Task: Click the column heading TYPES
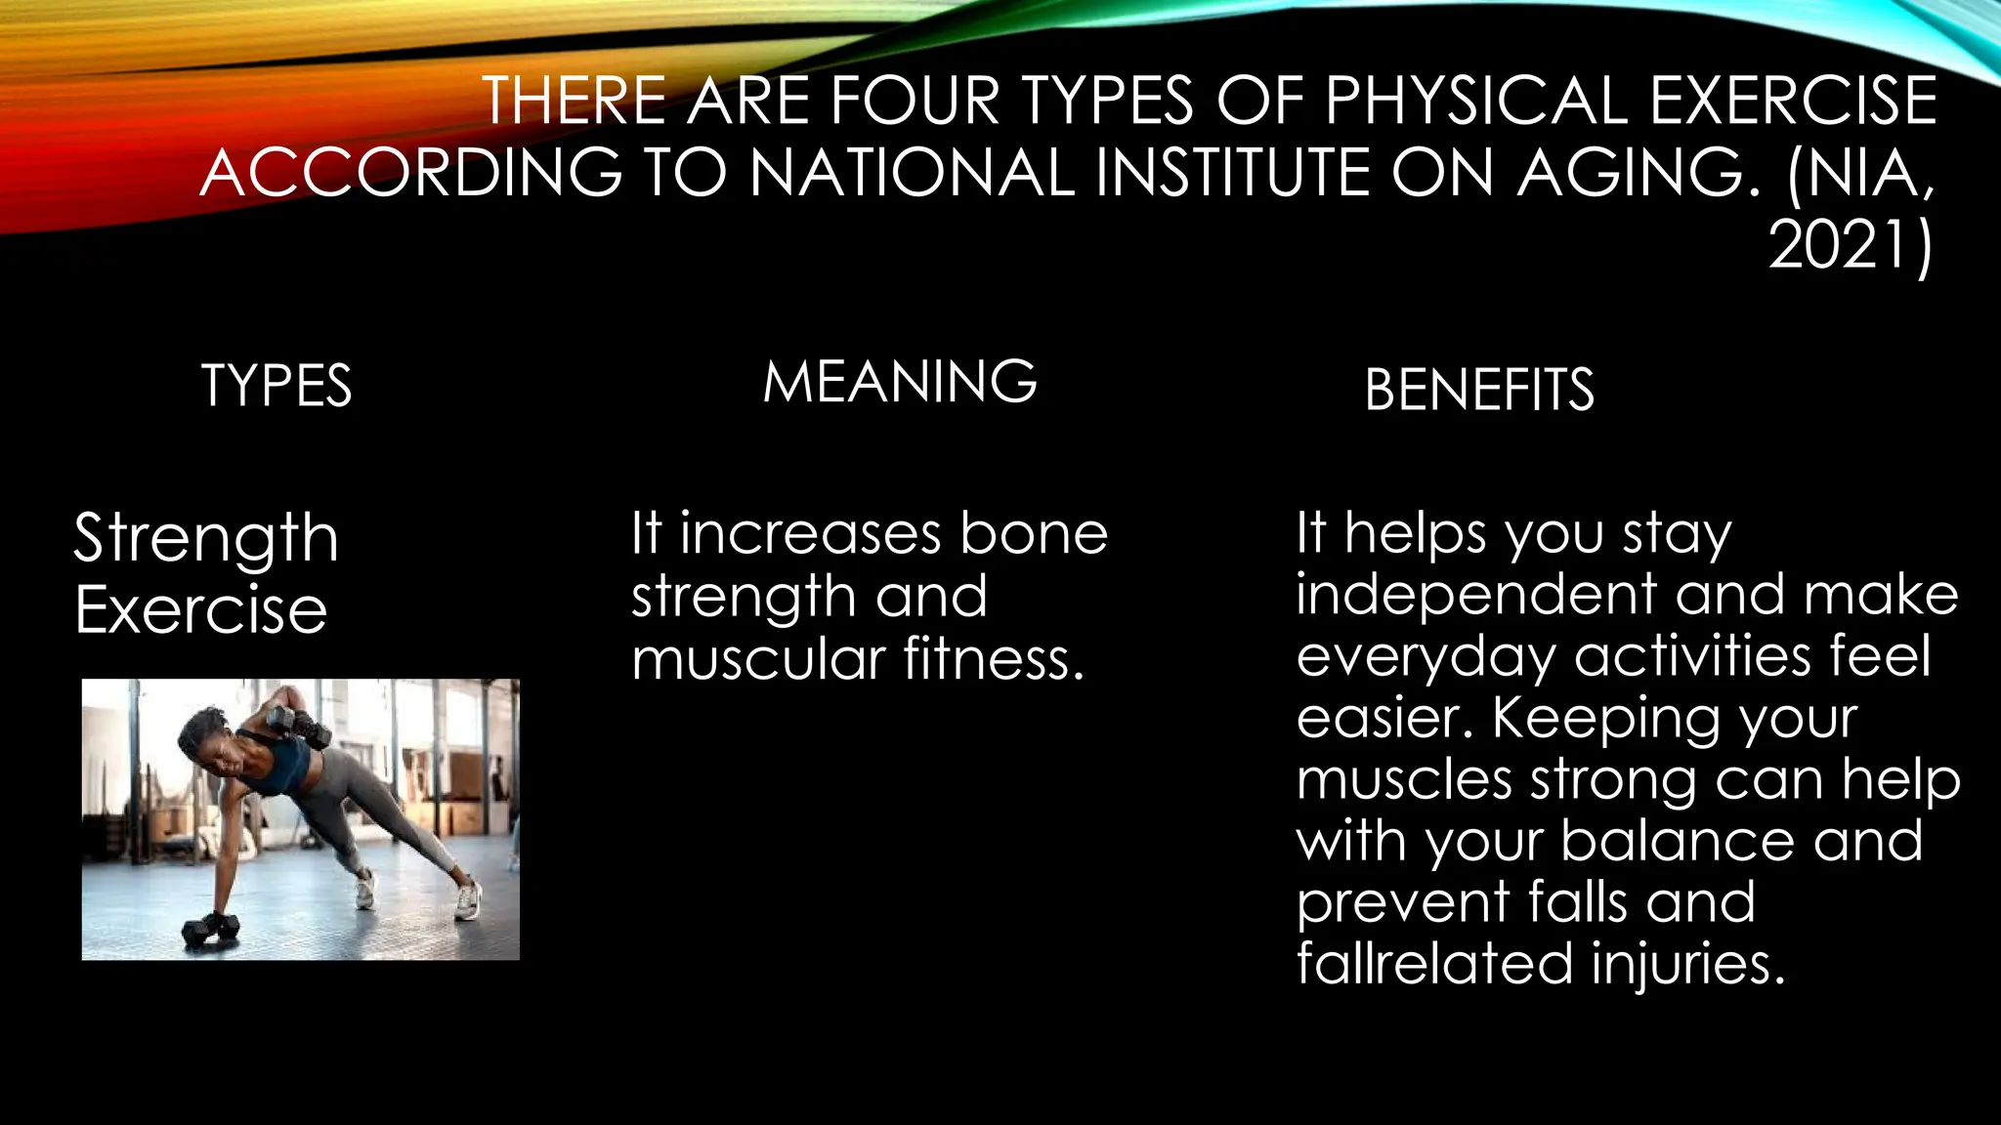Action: point(277,386)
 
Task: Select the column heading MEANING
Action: point(900,382)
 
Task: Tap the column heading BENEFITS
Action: point(1479,390)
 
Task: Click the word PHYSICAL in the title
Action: point(1475,101)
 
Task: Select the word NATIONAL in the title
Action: point(913,173)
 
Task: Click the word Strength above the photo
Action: point(206,539)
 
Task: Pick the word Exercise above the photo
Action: point(201,610)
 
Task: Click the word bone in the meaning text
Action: point(1034,534)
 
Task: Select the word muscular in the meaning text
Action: point(758,659)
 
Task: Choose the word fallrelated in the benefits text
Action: point(1434,964)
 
